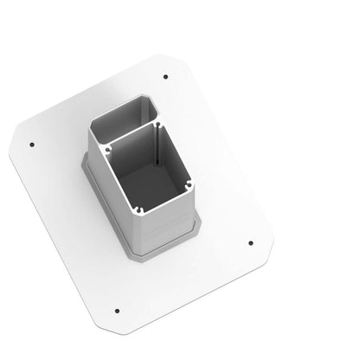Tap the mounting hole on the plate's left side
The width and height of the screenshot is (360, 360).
pos(32,145)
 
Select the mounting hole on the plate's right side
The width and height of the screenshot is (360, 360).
pos(250,243)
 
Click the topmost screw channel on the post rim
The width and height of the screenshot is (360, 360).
pos(157,125)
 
